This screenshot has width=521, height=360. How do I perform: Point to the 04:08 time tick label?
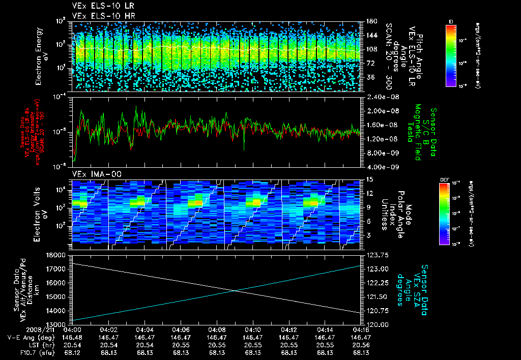click(x=217, y=329)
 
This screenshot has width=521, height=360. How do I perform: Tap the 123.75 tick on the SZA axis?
click(x=373, y=255)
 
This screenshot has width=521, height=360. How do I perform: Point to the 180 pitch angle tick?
click(x=370, y=21)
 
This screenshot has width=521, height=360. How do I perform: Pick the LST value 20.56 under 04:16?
click(x=361, y=345)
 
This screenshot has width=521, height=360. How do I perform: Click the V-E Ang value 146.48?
click(x=74, y=337)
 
